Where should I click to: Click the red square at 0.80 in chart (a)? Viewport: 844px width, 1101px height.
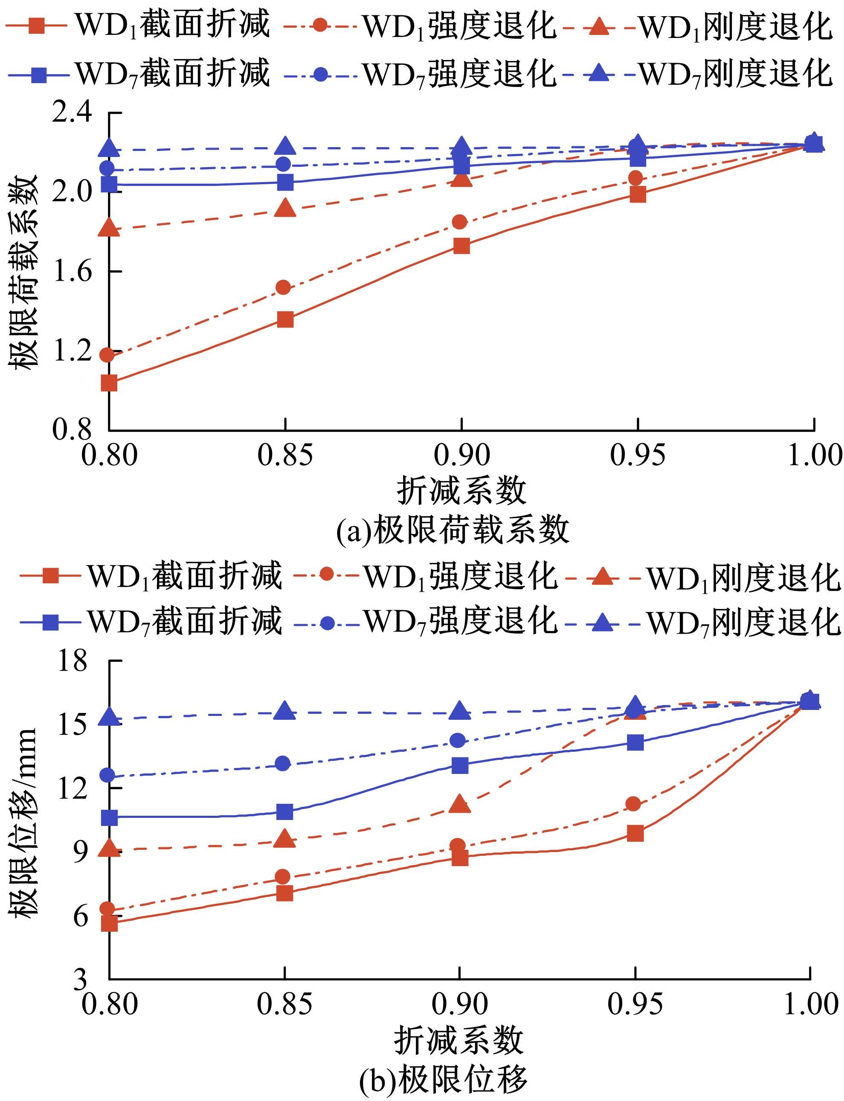point(109,383)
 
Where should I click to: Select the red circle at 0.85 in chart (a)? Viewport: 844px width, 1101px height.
point(284,287)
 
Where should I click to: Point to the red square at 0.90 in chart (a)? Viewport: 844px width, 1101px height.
point(461,246)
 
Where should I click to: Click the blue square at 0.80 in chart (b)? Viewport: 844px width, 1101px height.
point(109,818)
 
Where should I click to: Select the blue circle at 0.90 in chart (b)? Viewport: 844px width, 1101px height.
point(458,740)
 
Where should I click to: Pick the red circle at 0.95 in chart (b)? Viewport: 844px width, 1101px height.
point(634,804)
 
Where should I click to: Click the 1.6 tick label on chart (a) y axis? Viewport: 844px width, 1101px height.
point(73,271)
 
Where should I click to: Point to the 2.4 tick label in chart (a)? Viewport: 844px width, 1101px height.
point(73,113)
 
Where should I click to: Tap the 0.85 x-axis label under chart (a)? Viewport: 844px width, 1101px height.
point(285,455)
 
